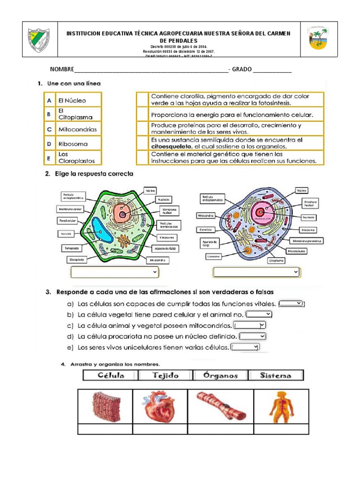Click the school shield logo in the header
[x=38, y=39]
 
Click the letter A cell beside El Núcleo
[x=49, y=100]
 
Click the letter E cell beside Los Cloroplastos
[x=49, y=158]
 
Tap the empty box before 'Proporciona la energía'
[x=142, y=114]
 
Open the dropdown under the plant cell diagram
[x=114, y=272]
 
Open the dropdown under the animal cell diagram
[x=256, y=272]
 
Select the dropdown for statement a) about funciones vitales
[x=292, y=304]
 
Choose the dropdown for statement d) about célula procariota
[x=253, y=336]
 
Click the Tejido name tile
[x=165, y=375]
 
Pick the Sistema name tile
[x=276, y=375]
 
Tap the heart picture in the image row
[x=160, y=406]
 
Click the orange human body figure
[x=281, y=406]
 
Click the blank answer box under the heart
[x=160, y=429]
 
